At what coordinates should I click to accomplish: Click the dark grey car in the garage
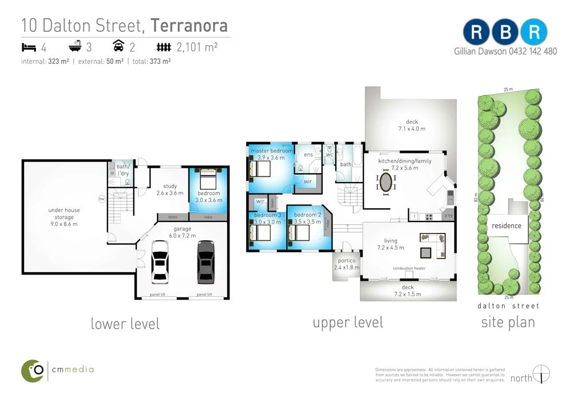(x=206, y=262)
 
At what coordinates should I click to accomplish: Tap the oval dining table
(x=387, y=183)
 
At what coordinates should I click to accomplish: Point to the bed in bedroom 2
(x=299, y=232)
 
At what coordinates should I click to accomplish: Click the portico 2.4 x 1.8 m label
(x=346, y=264)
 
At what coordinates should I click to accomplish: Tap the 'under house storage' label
(x=64, y=217)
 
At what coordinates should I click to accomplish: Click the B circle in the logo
(x=505, y=33)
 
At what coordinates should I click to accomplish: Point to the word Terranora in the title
(x=189, y=26)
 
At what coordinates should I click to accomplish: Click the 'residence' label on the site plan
(x=506, y=225)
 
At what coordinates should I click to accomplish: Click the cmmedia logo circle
(x=33, y=370)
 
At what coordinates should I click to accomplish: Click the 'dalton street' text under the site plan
(x=508, y=306)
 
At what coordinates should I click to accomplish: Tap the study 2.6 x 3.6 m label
(x=170, y=190)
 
